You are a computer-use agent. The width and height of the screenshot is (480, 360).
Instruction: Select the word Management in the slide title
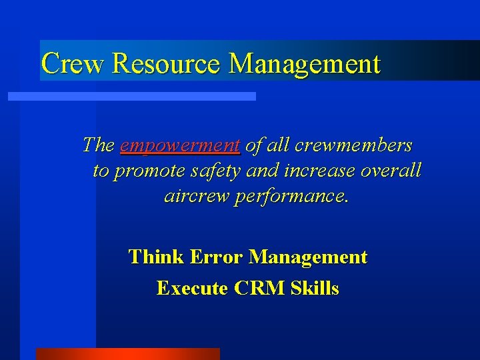[x=305, y=63]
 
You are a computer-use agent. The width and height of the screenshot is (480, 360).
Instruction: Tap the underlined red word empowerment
[x=180, y=145]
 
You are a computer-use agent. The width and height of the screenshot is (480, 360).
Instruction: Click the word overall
[x=391, y=171]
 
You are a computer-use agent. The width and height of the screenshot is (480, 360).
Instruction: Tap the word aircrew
[x=196, y=197]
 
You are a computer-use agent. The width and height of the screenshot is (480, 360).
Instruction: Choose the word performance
[x=290, y=197]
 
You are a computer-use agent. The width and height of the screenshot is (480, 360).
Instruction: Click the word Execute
[x=193, y=288]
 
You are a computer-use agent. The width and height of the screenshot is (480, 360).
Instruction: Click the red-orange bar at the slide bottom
[x=127, y=354]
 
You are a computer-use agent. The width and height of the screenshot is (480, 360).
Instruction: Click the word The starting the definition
[x=99, y=145]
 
